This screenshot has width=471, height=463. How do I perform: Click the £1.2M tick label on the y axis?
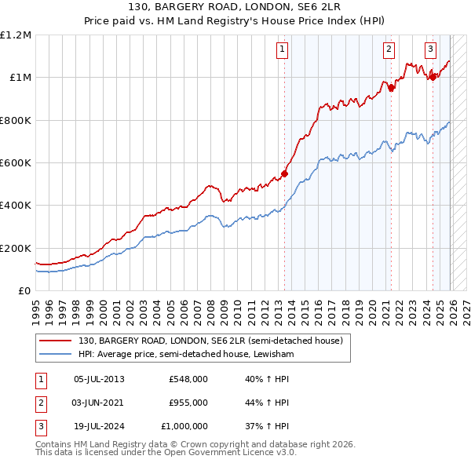coord(16,35)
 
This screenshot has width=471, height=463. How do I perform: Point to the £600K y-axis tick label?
coord(16,162)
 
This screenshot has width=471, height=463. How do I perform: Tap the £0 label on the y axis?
coord(24,290)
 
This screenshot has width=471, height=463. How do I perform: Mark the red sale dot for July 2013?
coord(285,173)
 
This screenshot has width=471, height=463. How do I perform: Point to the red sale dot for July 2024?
coord(433,77)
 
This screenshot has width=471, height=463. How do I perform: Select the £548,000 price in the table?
coord(188,379)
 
